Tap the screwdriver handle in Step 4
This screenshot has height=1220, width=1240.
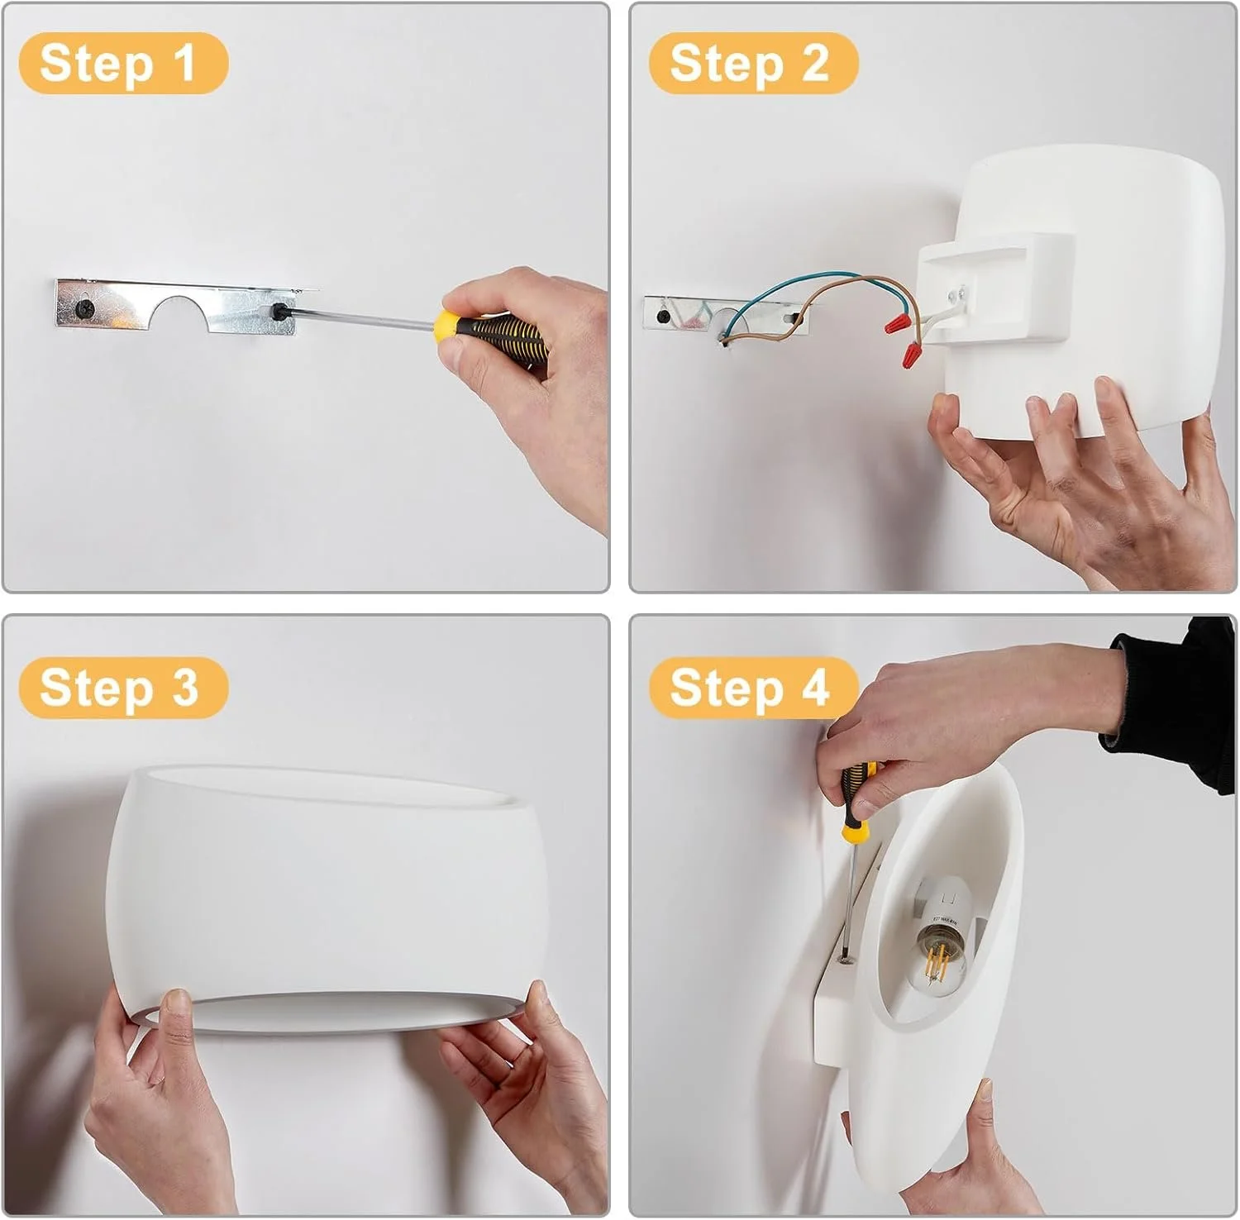856,798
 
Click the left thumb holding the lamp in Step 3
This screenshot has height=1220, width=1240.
175,1013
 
